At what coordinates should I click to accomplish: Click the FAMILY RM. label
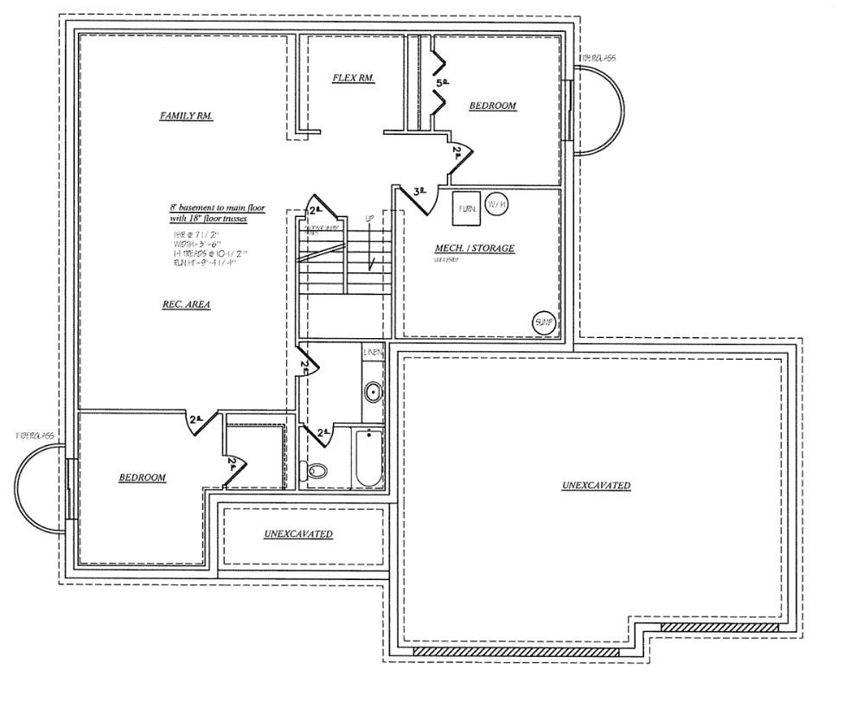pyautogui.click(x=186, y=115)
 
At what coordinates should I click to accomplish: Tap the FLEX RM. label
pyautogui.click(x=353, y=78)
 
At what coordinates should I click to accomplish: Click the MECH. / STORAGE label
pyautogui.click(x=474, y=249)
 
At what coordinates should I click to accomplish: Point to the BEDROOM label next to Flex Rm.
pyautogui.click(x=492, y=105)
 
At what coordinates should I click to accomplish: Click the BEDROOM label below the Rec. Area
pyautogui.click(x=142, y=477)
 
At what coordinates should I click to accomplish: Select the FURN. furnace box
pyautogui.click(x=466, y=207)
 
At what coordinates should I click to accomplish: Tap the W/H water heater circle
pyautogui.click(x=496, y=204)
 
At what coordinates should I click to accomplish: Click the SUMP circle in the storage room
pyautogui.click(x=543, y=322)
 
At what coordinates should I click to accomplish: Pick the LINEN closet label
pyautogui.click(x=374, y=353)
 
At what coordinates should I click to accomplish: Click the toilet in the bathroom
pyautogui.click(x=316, y=471)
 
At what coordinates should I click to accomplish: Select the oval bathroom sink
pyautogui.click(x=374, y=393)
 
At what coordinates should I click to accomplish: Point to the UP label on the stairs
pyautogui.click(x=369, y=220)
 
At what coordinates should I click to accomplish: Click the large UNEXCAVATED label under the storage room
pyautogui.click(x=596, y=485)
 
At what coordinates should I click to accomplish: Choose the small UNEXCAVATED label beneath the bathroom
pyautogui.click(x=298, y=534)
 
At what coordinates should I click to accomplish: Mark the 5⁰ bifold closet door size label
pyautogui.click(x=444, y=83)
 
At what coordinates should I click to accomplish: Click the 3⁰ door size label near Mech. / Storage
pyautogui.click(x=420, y=192)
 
